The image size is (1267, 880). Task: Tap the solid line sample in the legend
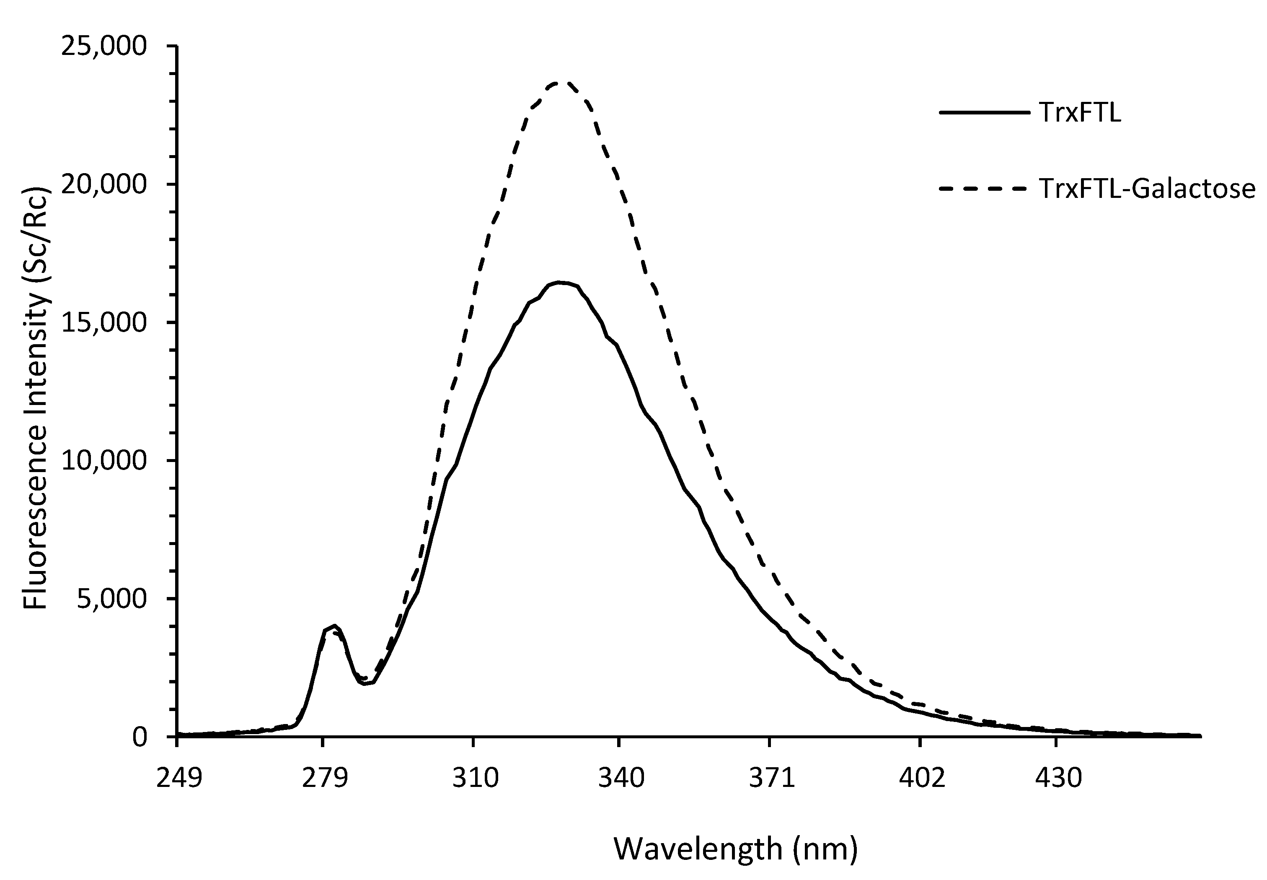[x=984, y=112]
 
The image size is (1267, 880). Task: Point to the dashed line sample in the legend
[x=984, y=189]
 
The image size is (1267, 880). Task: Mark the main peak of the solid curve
[x=560, y=282]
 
